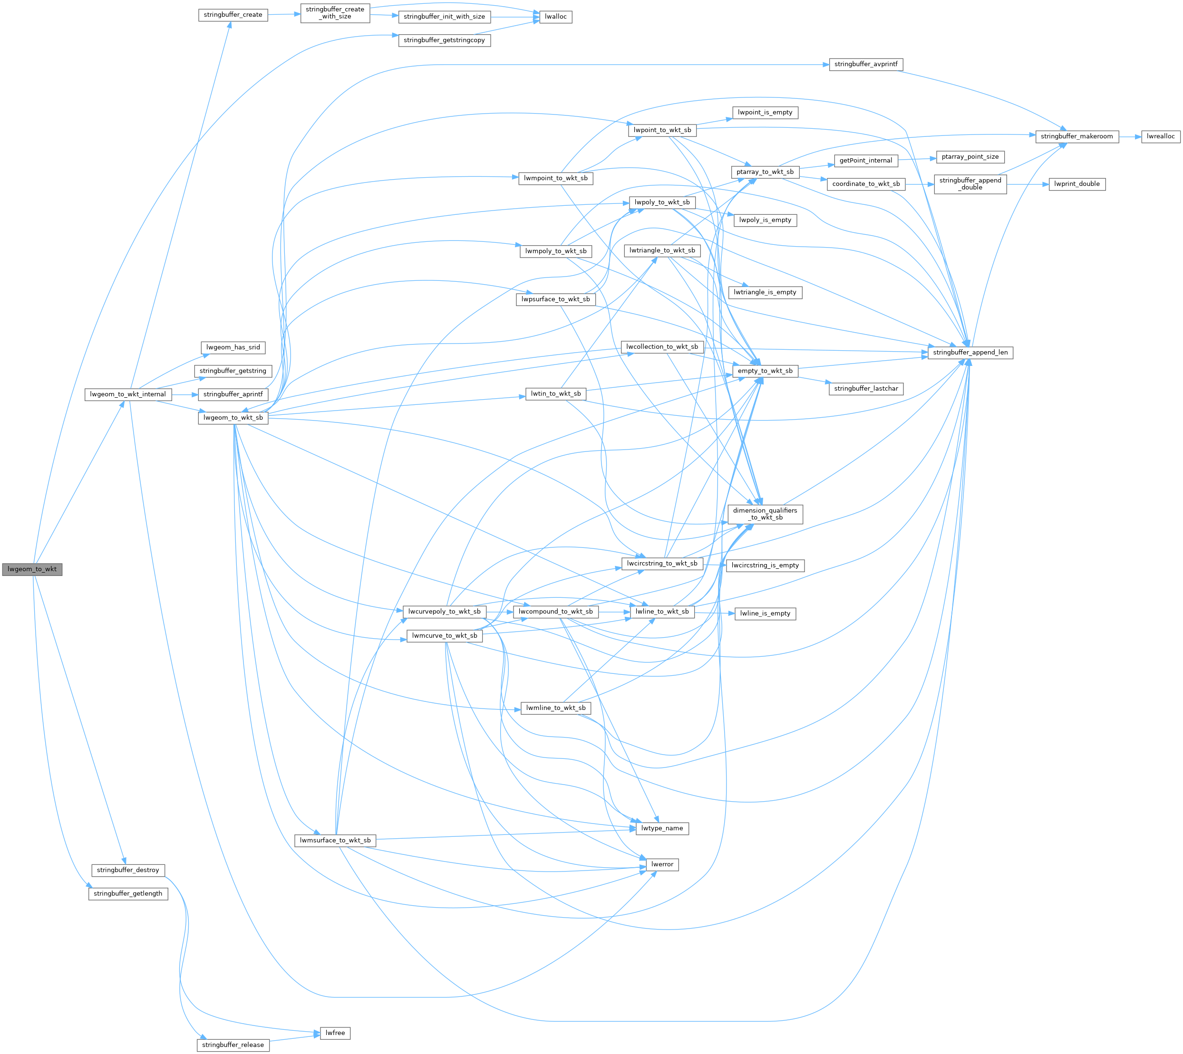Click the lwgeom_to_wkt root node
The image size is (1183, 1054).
tap(32, 569)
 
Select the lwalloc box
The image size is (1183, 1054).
tap(555, 17)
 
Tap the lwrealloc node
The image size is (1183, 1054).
tap(1160, 137)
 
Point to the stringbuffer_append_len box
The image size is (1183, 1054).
tap(970, 353)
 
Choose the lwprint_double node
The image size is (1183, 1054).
tap(1076, 184)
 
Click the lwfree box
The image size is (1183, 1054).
tap(335, 1033)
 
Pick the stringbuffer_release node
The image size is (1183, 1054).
tap(233, 1045)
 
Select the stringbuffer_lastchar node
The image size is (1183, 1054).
tap(865, 389)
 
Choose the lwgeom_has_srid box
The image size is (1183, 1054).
tap(233, 347)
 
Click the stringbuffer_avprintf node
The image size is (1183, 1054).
tap(865, 64)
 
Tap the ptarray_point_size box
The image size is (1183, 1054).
tap(970, 157)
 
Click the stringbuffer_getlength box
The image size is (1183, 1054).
tap(128, 893)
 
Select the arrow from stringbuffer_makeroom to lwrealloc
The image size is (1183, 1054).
tap(1130, 137)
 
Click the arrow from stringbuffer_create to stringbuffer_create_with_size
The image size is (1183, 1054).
tap(284, 14)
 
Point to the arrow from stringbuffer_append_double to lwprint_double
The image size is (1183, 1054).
tap(1028, 184)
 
